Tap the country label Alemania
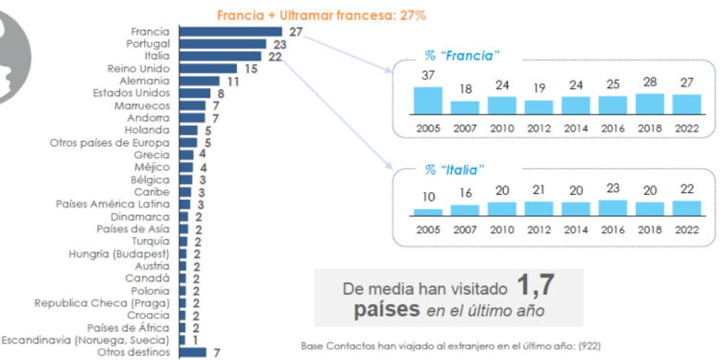tap(145, 81)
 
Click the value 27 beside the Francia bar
tap(296, 31)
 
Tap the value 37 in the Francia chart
tap(427, 77)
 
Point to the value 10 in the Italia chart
tap(427, 197)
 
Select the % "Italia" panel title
tap(455, 169)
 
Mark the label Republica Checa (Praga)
tap(103, 302)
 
